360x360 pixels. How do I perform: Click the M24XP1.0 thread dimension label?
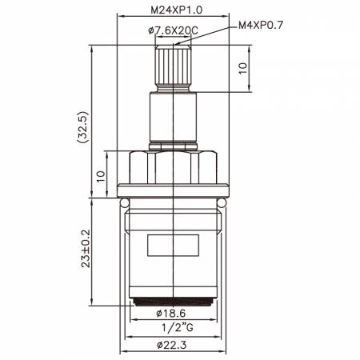[x=177, y=10]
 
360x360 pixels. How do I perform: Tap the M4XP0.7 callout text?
[x=261, y=26]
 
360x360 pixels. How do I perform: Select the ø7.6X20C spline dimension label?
[x=173, y=31]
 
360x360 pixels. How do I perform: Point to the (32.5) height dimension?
[x=82, y=127]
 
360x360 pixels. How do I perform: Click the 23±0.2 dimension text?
[x=86, y=249]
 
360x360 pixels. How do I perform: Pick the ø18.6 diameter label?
[x=171, y=314]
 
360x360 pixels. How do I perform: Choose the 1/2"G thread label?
[x=178, y=327]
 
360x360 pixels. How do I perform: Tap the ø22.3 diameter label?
[x=172, y=346]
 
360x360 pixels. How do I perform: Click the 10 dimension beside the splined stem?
[x=242, y=69]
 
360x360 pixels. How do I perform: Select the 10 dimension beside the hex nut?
[x=101, y=176]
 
